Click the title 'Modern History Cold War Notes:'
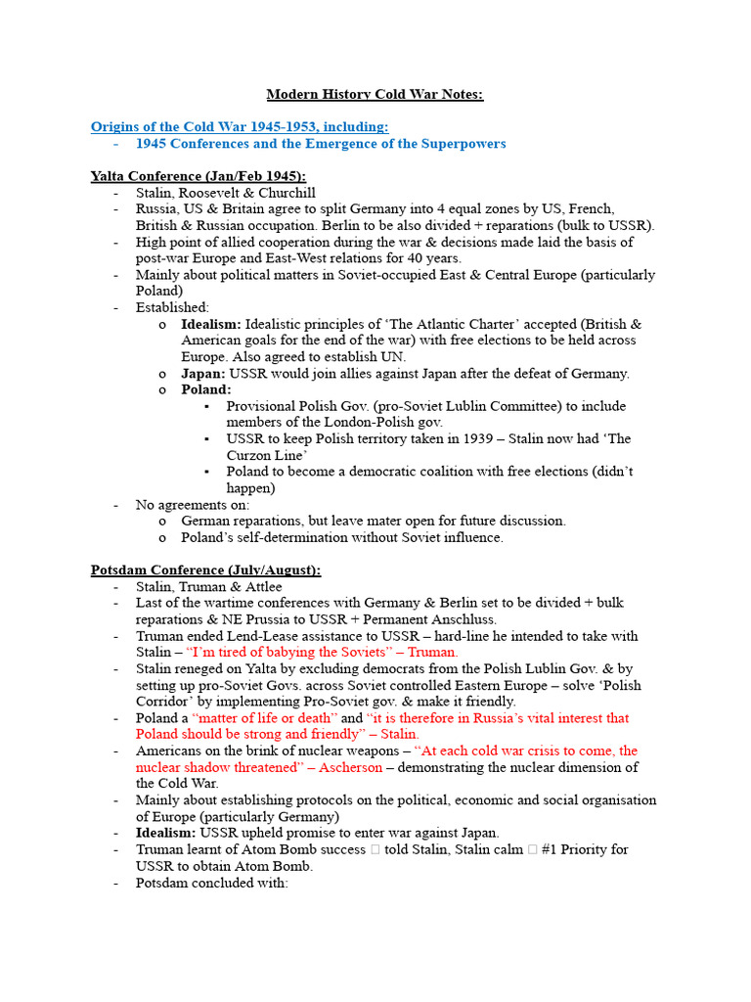(375, 94)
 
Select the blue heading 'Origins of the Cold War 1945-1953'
(239, 126)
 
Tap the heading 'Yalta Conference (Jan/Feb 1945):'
(198, 176)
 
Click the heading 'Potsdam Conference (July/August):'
(205, 569)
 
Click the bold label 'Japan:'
(203, 373)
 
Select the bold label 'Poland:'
(206, 389)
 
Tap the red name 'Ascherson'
(350, 767)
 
